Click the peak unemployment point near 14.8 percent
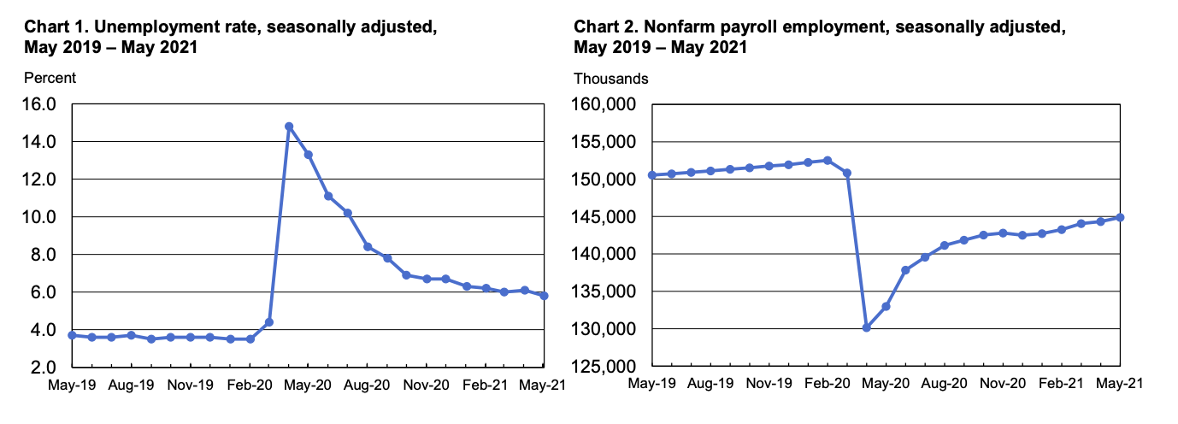(x=289, y=127)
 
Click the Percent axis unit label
(x=50, y=78)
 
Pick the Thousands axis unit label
(x=610, y=79)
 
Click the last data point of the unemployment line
(x=544, y=296)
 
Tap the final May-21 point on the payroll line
(x=1120, y=217)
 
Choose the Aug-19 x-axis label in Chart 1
(x=132, y=386)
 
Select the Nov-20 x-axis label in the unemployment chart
(x=426, y=386)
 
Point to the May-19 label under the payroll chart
(x=652, y=386)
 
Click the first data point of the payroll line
(x=652, y=175)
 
